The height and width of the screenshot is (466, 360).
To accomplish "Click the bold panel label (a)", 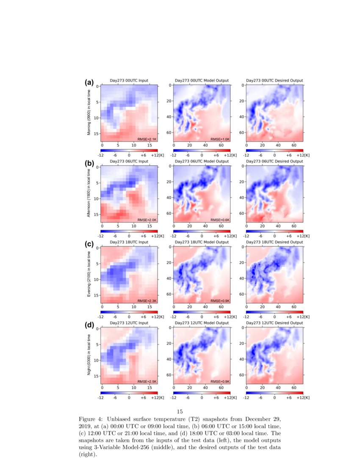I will pyautogui.click(x=89, y=83).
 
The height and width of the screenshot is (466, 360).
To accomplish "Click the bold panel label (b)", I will pyautogui.click(x=89, y=163).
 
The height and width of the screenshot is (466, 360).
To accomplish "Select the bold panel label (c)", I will pyautogui.click(x=89, y=244).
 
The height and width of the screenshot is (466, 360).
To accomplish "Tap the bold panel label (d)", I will pyautogui.click(x=89, y=325).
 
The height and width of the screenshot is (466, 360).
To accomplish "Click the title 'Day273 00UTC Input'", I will pyautogui.click(x=129, y=80).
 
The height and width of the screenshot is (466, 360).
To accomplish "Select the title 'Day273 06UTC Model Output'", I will pyautogui.click(x=202, y=161).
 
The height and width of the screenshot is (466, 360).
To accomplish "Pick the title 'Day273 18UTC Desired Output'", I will pyautogui.click(x=274, y=242).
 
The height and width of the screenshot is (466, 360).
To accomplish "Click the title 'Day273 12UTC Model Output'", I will pyautogui.click(x=202, y=323).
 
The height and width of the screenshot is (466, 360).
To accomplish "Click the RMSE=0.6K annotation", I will pyautogui.click(x=220, y=220).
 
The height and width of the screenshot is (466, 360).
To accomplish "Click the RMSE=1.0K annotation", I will pyautogui.click(x=220, y=139).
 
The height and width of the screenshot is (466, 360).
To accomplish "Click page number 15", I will pyautogui.click(x=180, y=411).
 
